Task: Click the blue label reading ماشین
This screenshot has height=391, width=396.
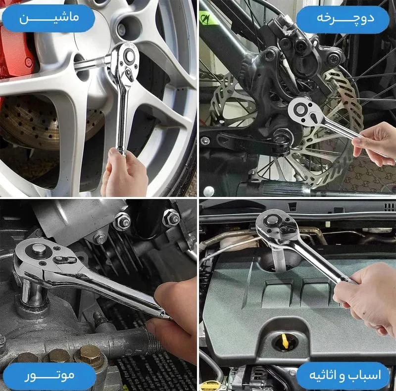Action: [x=48, y=18]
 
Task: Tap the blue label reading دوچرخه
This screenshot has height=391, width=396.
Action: [x=343, y=20]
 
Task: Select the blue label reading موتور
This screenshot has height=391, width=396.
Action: [x=49, y=376]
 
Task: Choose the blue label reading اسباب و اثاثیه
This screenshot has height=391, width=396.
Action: [x=343, y=376]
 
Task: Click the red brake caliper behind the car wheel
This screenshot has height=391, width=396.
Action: [x=15, y=50]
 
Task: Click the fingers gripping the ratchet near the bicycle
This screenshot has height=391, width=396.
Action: [x=375, y=144]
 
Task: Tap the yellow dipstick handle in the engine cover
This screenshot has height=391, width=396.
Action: [x=285, y=341]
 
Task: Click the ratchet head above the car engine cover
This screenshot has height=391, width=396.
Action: [x=274, y=226]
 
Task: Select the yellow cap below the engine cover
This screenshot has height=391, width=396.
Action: [x=210, y=386]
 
